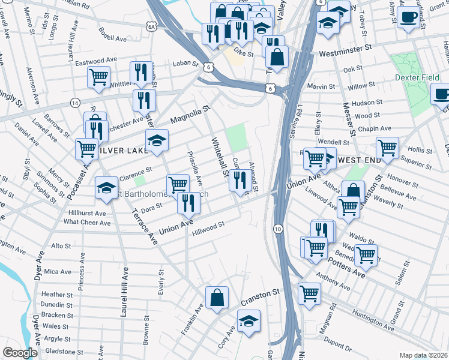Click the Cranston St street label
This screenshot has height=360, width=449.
coord(261,293)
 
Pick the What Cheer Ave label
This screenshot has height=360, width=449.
coord(87,223)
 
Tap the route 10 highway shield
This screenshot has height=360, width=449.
coord(277,229)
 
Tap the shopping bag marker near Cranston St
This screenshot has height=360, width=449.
coord(217,298)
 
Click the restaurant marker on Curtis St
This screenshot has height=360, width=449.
coord(240,179)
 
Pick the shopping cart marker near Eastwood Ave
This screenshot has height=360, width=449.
coord(98,76)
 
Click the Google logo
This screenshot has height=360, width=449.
coord(20,352)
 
